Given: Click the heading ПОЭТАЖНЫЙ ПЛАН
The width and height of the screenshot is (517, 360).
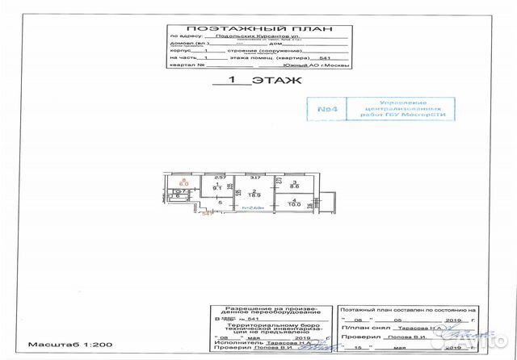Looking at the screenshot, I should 258,27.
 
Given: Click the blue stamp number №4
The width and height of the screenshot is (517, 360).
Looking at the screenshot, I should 326,107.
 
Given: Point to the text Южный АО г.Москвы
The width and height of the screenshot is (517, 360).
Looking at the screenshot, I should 318,66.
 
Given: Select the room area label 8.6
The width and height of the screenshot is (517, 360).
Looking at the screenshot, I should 296,186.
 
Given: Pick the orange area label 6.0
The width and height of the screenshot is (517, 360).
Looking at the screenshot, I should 183,184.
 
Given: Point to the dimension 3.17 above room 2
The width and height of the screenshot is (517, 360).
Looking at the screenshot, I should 254,177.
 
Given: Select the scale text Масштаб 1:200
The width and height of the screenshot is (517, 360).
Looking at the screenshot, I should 58,345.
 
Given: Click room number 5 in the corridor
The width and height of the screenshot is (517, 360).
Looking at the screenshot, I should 208,203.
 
